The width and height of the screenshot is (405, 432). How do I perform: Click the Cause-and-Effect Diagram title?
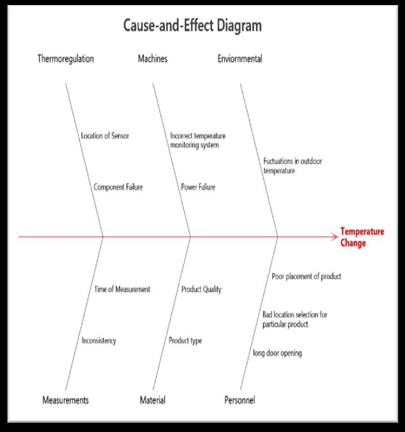(x=192, y=26)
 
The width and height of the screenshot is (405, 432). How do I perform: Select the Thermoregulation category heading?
(x=65, y=59)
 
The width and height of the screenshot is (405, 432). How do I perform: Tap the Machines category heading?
(x=152, y=59)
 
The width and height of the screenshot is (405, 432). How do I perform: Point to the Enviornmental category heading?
(x=240, y=59)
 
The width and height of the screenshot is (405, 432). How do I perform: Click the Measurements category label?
(x=65, y=400)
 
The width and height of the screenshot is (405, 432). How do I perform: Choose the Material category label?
(x=152, y=400)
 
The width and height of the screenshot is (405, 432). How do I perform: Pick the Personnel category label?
(x=240, y=400)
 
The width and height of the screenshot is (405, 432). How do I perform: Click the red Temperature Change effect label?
(x=362, y=237)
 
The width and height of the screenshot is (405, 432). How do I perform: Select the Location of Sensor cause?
(x=105, y=136)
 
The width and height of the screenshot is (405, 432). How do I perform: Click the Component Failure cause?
(x=118, y=187)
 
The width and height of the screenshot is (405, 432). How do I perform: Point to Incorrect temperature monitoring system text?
(x=197, y=140)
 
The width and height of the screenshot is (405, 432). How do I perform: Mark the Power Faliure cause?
(x=198, y=187)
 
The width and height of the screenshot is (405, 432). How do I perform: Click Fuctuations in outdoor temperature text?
(x=293, y=166)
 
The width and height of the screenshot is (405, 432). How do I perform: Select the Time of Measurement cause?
(x=122, y=289)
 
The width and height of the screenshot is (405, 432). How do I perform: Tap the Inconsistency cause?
(x=99, y=341)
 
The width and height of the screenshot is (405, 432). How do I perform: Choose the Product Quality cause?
(x=201, y=289)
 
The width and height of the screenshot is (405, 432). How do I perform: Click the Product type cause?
(x=185, y=341)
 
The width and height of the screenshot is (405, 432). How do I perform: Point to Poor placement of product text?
(x=306, y=276)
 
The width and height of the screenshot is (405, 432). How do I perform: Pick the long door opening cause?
(x=277, y=353)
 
